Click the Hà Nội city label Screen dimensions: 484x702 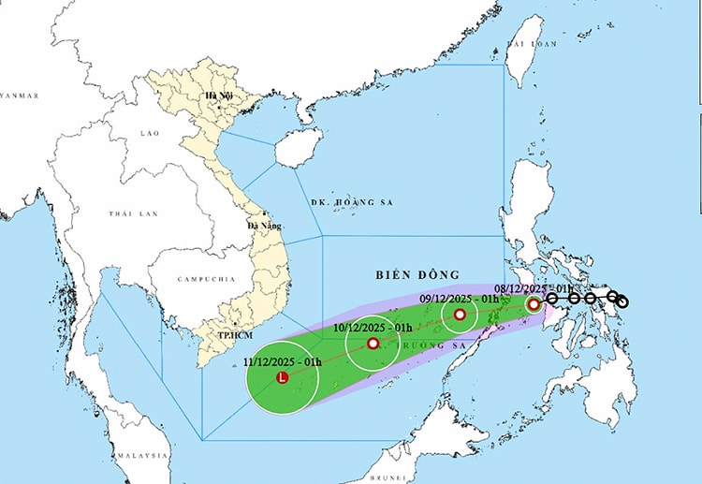pos(218,96)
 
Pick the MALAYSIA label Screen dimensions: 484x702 pos(142,455)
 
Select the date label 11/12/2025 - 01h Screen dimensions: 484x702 pos(283,361)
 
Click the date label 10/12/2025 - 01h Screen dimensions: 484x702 pos(373,328)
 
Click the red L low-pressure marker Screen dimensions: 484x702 pos(283,378)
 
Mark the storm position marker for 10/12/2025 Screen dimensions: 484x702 pos(373,344)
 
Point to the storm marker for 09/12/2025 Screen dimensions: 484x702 pos(460,315)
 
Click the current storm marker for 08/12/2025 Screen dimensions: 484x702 pos(534,304)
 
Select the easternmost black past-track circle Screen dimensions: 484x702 pos(622,302)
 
